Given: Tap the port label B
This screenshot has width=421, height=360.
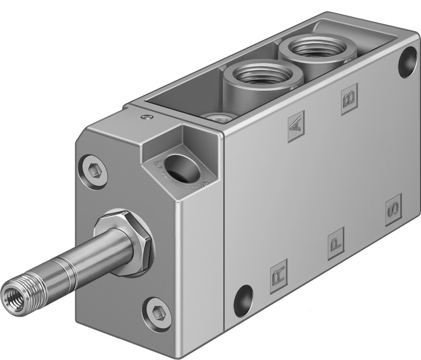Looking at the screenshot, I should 349,99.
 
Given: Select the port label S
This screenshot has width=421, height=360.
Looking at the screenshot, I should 394,210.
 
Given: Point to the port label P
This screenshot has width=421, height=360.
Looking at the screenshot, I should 336,243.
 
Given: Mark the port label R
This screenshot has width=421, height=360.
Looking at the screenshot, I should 278,275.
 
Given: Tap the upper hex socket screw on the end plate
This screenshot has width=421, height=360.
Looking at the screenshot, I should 93,171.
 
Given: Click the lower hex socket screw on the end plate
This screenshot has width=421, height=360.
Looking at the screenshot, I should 157,314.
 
